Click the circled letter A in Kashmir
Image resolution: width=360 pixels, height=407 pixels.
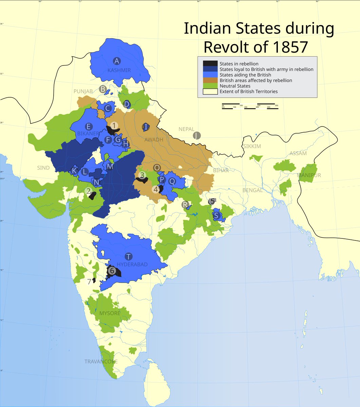pyautogui.click(x=117, y=61)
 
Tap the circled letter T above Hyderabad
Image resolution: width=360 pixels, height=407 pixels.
pyautogui.click(x=128, y=256)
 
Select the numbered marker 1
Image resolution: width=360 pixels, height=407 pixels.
pyautogui.click(x=114, y=125)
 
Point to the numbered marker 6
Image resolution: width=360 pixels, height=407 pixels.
pyautogui.click(x=112, y=271)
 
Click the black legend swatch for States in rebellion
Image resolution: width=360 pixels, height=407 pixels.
pyautogui.click(x=210, y=63)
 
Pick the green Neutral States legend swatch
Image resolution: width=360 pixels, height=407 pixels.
pyautogui.click(x=210, y=86)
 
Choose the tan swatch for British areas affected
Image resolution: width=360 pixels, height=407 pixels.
pyautogui.click(x=210, y=80)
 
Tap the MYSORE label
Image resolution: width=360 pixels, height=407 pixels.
pyautogui.click(x=110, y=313)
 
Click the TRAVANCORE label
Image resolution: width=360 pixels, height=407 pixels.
pyautogui.click(x=101, y=362)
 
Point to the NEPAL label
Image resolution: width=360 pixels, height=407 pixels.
pyautogui.click(x=187, y=129)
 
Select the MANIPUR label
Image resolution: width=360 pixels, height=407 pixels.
pyautogui.click(x=309, y=175)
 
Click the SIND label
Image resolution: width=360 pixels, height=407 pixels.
pyautogui.click(x=43, y=168)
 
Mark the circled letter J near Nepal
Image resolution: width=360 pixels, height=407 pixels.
pyautogui.click(x=196, y=136)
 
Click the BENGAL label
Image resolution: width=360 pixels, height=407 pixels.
pyautogui.click(x=252, y=190)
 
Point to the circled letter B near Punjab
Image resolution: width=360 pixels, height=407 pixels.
pyautogui.click(x=102, y=89)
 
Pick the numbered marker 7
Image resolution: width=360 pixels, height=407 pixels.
pyautogui.click(x=89, y=281)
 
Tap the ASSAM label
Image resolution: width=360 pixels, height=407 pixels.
pyautogui.click(x=298, y=153)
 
